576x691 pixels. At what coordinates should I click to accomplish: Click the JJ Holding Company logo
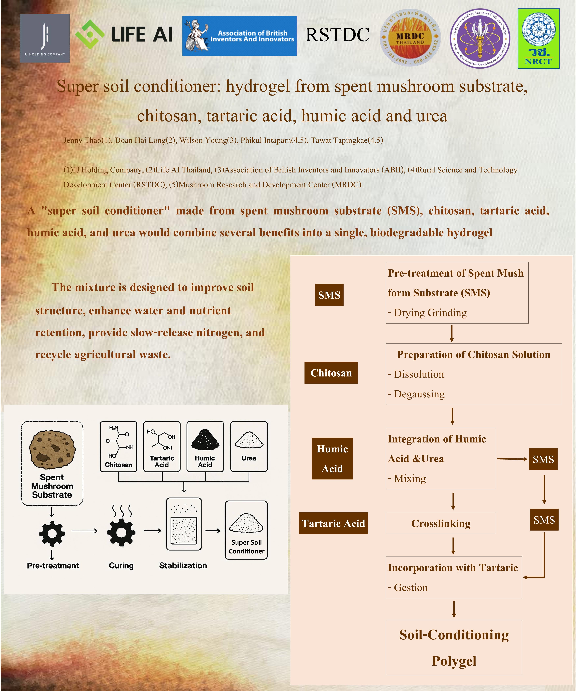[x=45, y=38]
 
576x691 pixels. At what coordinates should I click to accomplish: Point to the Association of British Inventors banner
[x=239, y=36]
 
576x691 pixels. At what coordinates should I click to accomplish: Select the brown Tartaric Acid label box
[x=333, y=523]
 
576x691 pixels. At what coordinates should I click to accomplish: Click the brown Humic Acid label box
[x=332, y=458]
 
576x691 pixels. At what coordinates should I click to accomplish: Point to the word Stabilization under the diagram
[x=183, y=566]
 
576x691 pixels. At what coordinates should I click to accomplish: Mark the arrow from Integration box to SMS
[x=512, y=459]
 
